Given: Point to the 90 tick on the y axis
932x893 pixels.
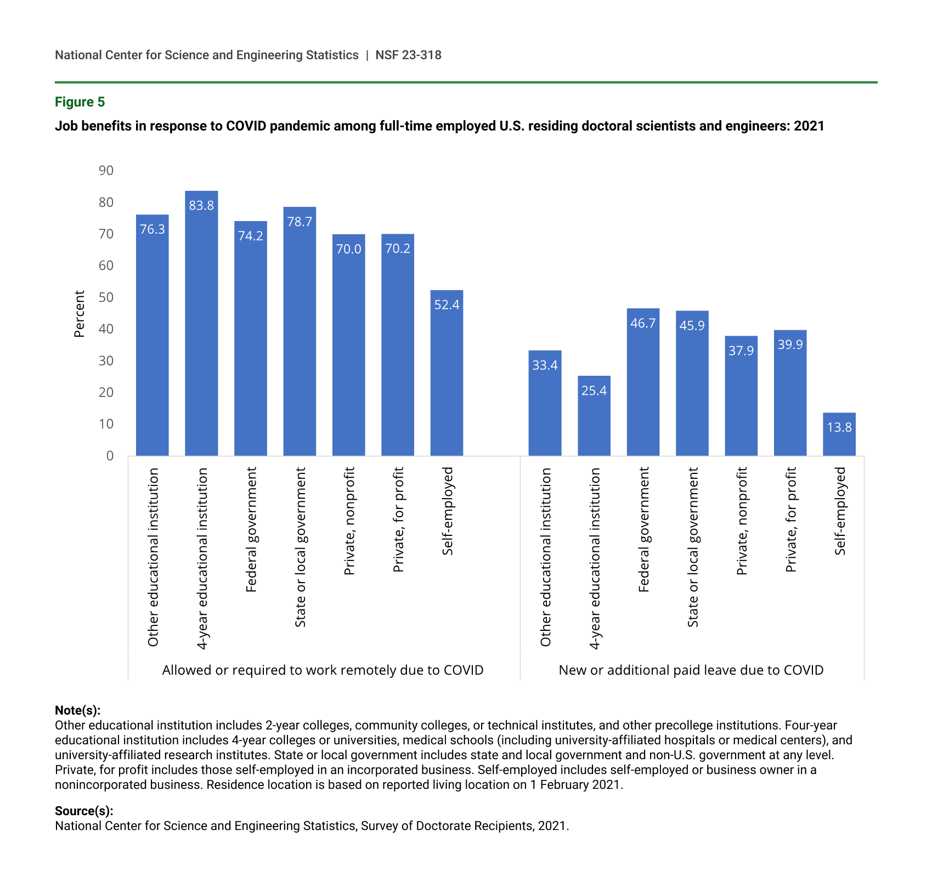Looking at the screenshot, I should pyautogui.click(x=106, y=171).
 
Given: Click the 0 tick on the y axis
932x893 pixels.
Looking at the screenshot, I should pyautogui.click(x=110, y=456).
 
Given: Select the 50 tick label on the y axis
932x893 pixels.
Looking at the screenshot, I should pyautogui.click(x=106, y=297).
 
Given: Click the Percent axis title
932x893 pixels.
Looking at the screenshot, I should pyautogui.click(x=80, y=314).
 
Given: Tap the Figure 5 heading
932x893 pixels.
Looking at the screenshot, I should pyautogui.click(x=80, y=102).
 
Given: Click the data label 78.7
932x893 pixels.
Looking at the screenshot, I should pyautogui.click(x=300, y=222).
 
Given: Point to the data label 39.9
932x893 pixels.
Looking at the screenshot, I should pyautogui.click(x=790, y=344).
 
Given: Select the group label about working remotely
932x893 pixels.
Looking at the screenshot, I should pyautogui.click(x=323, y=670).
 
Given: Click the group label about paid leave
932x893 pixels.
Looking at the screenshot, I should pyautogui.click(x=691, y=670).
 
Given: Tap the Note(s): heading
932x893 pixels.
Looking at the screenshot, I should pyautogui.click(x=77, y=710).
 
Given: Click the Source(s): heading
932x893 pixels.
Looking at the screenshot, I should pyautogui.click(x=84, y=811).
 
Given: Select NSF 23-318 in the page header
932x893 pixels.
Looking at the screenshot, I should pyautogui.click(x=408, y=55).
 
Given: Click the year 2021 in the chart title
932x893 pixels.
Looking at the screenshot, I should pyautogui.click(x=809, y=126).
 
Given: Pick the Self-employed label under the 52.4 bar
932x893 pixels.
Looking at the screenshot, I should pyautogui.click(x=448, y=511).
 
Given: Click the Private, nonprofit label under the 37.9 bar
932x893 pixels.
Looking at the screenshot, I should pyautogui.click(x=742, y=521).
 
